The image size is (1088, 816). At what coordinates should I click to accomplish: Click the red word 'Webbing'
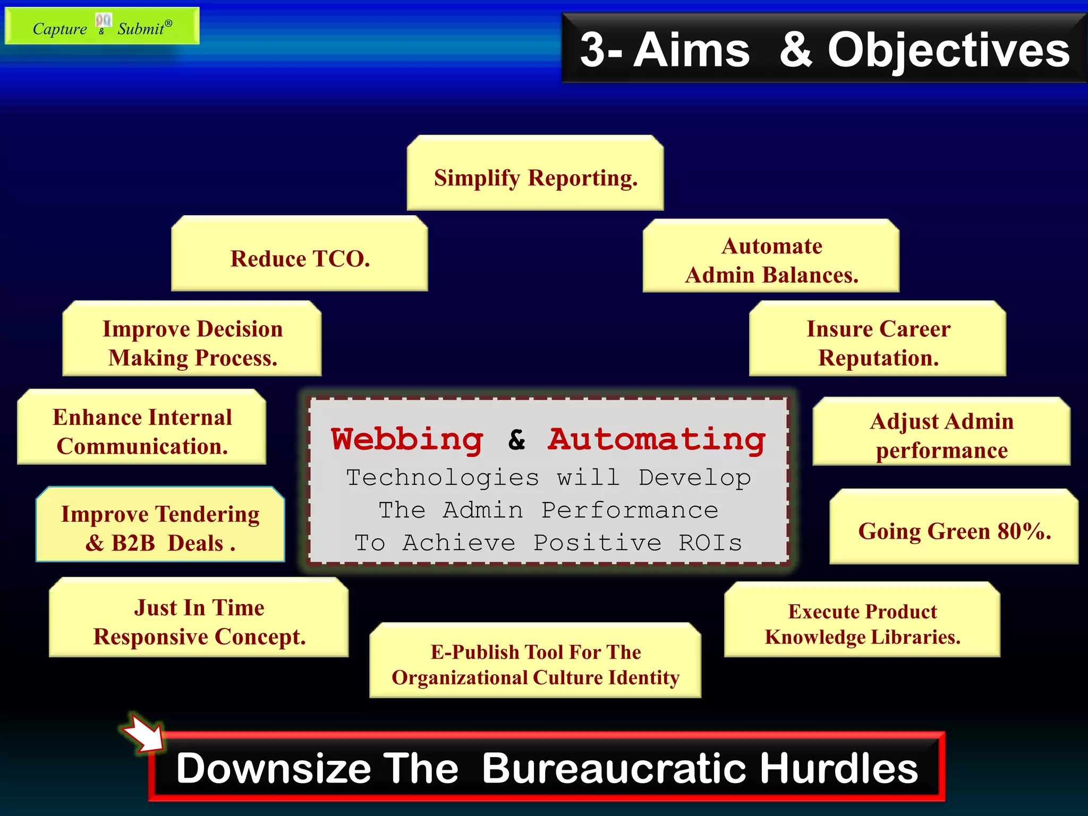pos(407,440)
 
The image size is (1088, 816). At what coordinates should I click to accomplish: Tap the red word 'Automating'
pos(657,440)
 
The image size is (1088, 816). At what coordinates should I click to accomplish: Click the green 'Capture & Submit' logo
pos(102,26)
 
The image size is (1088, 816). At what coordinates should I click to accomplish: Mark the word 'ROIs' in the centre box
pos(710,543)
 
